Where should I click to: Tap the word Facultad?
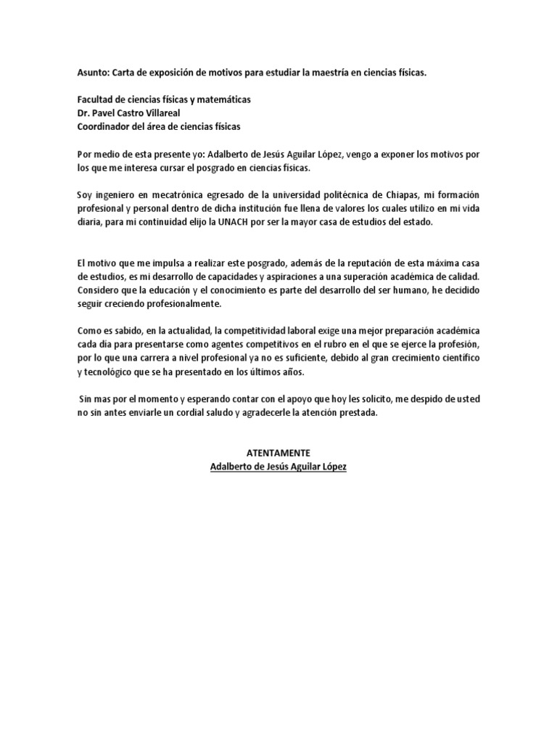click(x=97, y=99)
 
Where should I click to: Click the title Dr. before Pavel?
click(x=83, y=112)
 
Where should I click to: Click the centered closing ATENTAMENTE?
click(x=278, y=452)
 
